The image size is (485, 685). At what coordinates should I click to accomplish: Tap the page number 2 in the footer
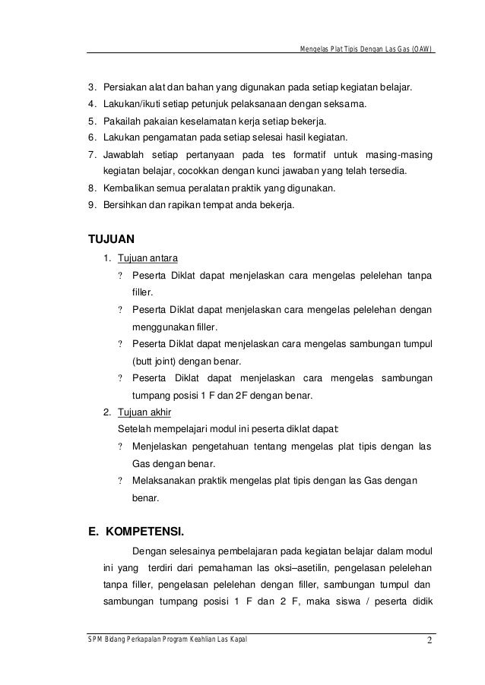pyautogui.click(x=430, y=646)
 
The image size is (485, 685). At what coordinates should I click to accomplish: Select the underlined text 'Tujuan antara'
pyautogui.click(x=147, y=257)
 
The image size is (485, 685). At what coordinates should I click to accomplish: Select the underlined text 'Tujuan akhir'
pyautogui.click(x=144, y=413)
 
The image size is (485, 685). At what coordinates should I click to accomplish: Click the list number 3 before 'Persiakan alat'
pyautogui.click(x=92, y=87)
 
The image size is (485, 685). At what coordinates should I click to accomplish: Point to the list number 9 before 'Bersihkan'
pyautogui.click(x=92, y=205)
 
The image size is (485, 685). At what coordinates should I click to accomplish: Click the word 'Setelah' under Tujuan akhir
pyautogui.click(x=134, y=429)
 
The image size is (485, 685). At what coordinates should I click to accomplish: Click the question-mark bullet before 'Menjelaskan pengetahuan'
pyautogui.click(x=120, y=447)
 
